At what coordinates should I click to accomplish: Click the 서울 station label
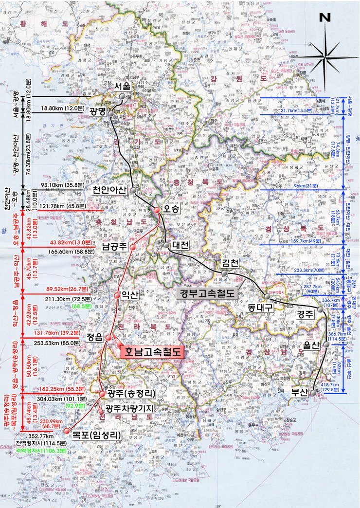click(x=122, y=86)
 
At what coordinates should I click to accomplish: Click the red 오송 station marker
click(x=157, y=210)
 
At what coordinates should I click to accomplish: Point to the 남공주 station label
click(x=115, y=246)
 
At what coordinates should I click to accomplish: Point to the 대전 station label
click(x=180, y=245)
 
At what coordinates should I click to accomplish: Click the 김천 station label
click(x=231, y=262)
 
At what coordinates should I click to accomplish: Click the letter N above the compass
click(x=325, y=18)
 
